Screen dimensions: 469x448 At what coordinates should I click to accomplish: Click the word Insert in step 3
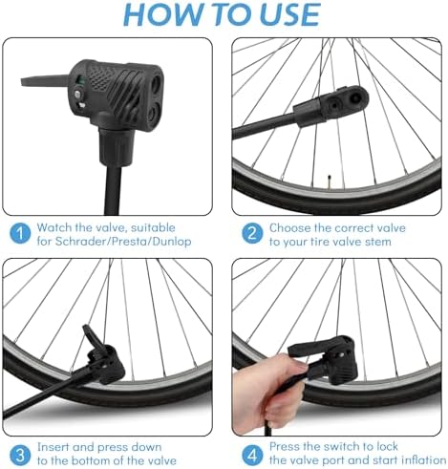55,446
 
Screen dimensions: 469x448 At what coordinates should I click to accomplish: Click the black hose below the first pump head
107,181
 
